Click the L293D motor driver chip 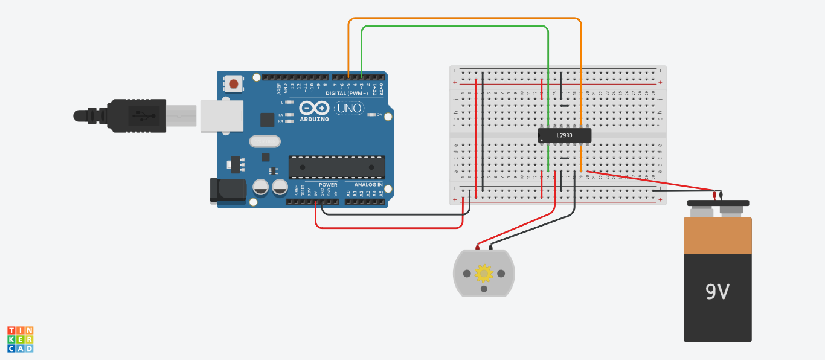pyautogui.click(x=564, y=135)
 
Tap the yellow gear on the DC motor pyautogui.click(x=484, y=273)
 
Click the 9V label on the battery pyautogui.click(x=717, y=292)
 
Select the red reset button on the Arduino pyautogui.click(x=233, y=84)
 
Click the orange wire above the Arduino pyautogui.click(x=465, y=19)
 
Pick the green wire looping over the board pyautogui.click(x=453, y=27)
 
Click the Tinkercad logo pyautogui.click(x=20, y=339)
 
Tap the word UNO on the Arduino pyautogui.click(x=349, y=109)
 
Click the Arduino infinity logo pyautogui.click(x=314, y=109)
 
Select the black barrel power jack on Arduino pyautogui.click(x=227, y=190)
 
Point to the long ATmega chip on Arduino pyautogui.click(x=336, y=167)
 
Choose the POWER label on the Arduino pyautogui.click(x=328, y=184)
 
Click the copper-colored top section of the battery pyautogui.click(x=717, y=236)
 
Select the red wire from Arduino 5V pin pyautogui.click(x=387, y=228)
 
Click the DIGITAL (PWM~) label pyautogui.click(x=347, y=93)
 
